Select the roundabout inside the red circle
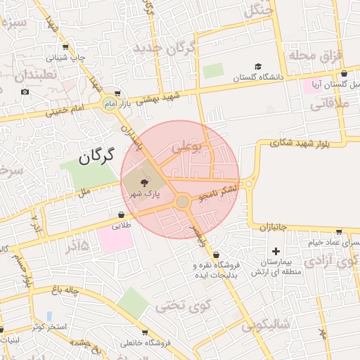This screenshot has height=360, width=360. pos(182,202)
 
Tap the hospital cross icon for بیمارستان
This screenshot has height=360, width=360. pos(276,251)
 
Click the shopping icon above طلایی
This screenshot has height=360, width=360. pos(122,214)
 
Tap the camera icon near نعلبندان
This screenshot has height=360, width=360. pos(25,92)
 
